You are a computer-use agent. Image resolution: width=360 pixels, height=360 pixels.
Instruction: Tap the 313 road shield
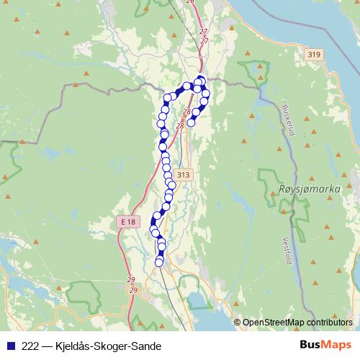[x=183, y=175]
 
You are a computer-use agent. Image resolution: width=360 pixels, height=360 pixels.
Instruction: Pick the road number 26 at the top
[x=190, y=2]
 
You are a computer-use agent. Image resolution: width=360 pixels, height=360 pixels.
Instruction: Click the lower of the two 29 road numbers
[x=133, y=289]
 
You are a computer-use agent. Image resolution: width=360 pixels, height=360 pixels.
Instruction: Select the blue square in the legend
[x=10, y=345]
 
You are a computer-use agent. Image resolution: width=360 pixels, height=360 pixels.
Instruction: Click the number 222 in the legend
[x=31, y=345]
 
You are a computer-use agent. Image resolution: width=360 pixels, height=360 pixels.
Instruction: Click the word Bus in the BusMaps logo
[x=310, y=344]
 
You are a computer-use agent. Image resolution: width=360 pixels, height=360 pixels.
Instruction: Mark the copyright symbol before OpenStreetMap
[x=238, y=322]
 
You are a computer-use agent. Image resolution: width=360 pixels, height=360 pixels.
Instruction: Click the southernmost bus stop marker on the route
[x=159, y=263]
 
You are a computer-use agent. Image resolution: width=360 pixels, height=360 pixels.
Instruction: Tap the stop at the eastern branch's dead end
[x=191, y=122]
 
